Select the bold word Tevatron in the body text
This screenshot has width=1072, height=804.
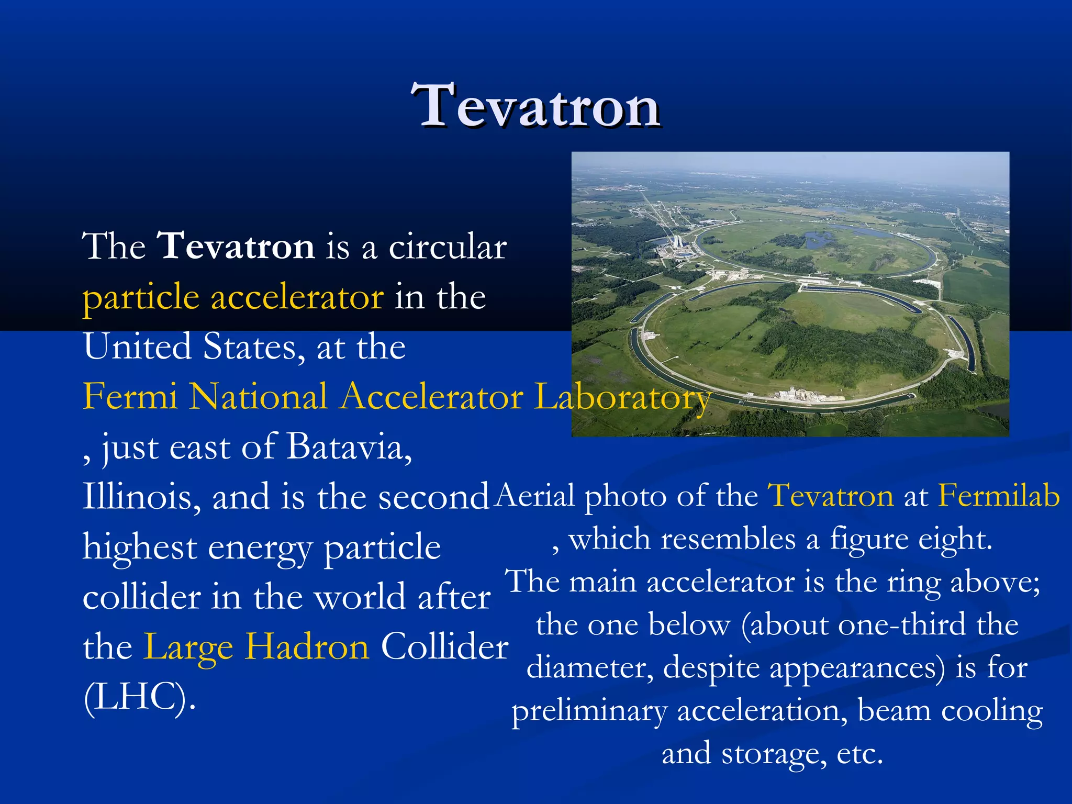point(236,246)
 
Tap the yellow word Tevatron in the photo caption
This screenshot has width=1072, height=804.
point(830,495)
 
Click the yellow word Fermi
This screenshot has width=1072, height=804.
point(130,396)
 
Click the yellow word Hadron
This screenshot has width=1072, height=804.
point(308,647)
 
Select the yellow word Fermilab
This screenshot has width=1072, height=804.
point(999,495)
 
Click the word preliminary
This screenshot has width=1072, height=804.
point(589,711)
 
